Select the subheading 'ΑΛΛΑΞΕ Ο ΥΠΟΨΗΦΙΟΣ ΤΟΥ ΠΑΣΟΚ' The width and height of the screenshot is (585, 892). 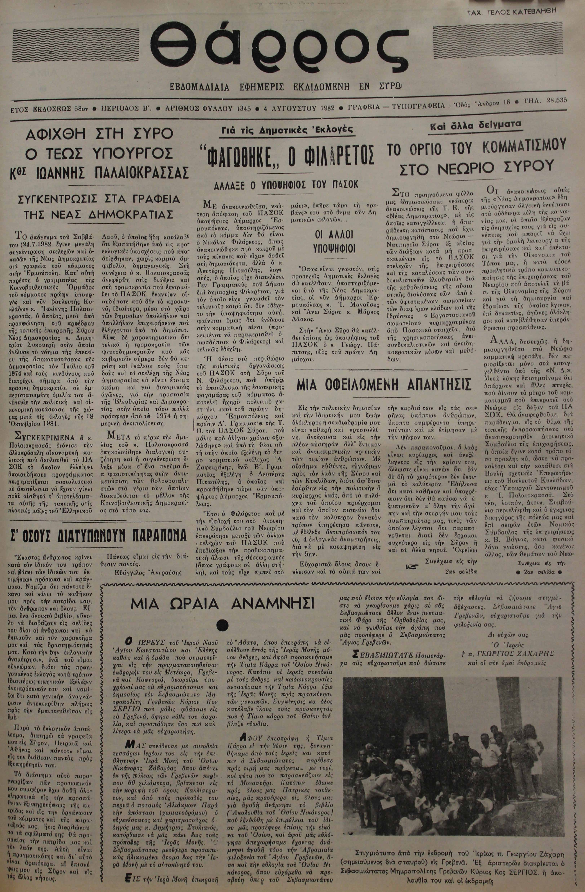coord(286,185)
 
